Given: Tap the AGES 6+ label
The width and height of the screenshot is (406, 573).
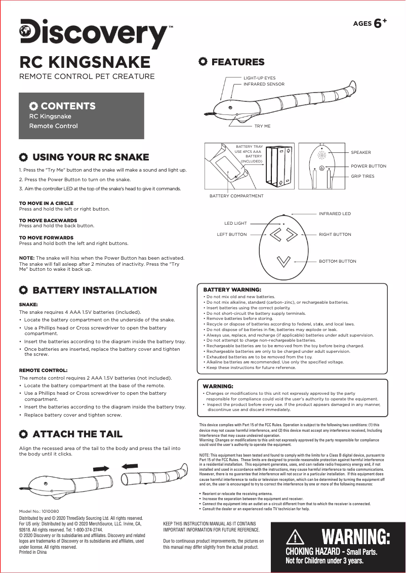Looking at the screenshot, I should click(370, 23).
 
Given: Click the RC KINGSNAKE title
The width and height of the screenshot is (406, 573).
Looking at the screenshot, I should click(85, 62).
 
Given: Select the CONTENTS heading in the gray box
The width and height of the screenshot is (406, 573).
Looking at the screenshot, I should click(68, 106).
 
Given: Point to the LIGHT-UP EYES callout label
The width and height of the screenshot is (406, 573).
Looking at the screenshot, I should click(259, 78).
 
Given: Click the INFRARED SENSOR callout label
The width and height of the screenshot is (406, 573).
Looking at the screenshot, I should click(264, 84).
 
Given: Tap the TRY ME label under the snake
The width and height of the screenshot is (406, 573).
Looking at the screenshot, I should click(262, 126).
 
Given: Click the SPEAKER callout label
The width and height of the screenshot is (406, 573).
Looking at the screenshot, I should click(360, 152).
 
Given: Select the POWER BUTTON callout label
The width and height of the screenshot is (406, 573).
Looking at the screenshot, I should click(368, 166).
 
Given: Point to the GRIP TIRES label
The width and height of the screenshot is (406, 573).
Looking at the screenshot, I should click(362, 176).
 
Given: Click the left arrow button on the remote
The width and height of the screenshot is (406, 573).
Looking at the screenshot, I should click(276, 235).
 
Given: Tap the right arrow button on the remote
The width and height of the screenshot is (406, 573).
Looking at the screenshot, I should click(292, 235).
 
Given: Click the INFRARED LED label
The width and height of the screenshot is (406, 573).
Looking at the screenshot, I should click(335, 214).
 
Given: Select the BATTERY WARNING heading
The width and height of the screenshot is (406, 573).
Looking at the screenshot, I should click(232, 290).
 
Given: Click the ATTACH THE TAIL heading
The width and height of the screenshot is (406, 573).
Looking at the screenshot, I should click(77, 434).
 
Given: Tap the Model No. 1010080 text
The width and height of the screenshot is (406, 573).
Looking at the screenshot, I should click(39, 512).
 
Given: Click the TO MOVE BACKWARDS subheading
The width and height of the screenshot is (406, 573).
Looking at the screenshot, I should click(48, 221).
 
